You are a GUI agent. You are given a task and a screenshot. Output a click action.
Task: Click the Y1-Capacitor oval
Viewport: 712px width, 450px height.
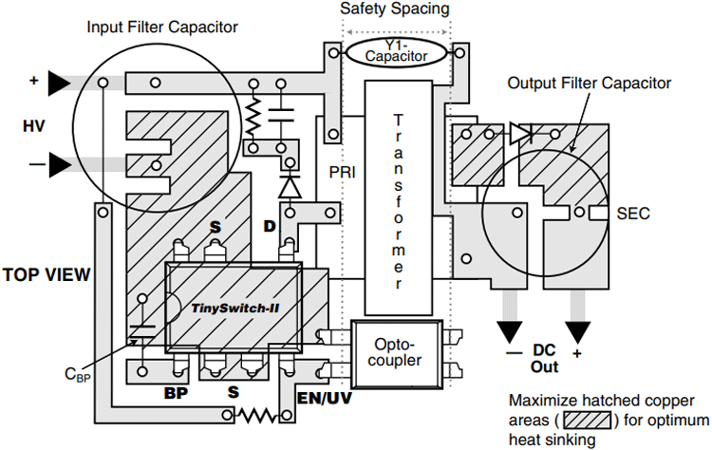[397, 52]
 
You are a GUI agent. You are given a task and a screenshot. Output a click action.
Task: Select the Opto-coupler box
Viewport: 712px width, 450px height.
[397, 354]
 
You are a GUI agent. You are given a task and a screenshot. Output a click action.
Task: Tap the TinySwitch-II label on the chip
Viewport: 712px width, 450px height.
[234, 309]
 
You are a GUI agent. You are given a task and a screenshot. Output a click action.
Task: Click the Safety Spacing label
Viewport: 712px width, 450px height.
[395, 9]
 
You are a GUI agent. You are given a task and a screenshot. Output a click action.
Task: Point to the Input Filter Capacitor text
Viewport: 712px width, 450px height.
[162, 28]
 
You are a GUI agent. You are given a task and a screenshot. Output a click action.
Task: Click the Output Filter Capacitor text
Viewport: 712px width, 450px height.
[589, 84]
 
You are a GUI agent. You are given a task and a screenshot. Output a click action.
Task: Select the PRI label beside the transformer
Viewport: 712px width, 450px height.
[343, 173]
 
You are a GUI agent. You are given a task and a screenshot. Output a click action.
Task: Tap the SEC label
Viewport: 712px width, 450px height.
[633, 214]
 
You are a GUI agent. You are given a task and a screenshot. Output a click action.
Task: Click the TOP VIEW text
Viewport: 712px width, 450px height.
[47, 274]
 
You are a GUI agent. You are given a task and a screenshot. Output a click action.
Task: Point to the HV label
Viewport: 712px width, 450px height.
[34, 125]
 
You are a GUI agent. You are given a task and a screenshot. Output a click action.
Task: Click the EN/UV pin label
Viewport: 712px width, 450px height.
[325, 398]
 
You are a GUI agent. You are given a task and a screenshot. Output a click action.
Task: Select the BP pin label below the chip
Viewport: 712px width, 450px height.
[176, 393]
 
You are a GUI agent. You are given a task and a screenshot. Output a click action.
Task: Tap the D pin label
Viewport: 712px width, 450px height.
[270, 226]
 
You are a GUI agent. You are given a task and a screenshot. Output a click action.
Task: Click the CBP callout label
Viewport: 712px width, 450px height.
[77, 375]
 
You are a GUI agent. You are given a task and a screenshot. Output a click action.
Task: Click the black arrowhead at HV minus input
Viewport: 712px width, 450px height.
[60, 164]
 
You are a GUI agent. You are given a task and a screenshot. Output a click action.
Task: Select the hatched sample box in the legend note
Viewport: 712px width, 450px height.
[588, 420]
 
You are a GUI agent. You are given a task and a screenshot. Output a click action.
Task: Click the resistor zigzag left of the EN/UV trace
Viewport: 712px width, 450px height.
[257, 415]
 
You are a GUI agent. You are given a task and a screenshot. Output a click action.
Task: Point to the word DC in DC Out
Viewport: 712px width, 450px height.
[544, 350]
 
